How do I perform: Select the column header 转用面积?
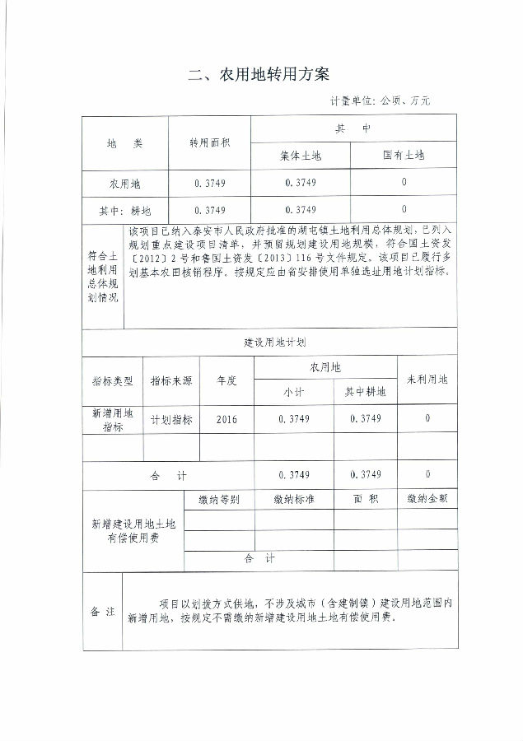(x=209, y=142)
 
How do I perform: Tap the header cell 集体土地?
(x=300, y=154)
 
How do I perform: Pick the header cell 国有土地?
(x=404, y=154)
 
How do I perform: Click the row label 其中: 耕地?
(x=124, y=209)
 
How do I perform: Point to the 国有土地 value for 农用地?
(x=404, y=182)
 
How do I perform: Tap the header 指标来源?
(x=171, y=381)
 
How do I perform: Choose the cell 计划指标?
(x=171, y=419)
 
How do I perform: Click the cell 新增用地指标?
(x=112, y=420)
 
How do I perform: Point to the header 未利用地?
(x=427, y=380)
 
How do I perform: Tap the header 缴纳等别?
(x=219, y=500)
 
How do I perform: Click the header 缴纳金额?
(x=427, y=500)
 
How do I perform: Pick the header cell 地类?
(x=124, y=142)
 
